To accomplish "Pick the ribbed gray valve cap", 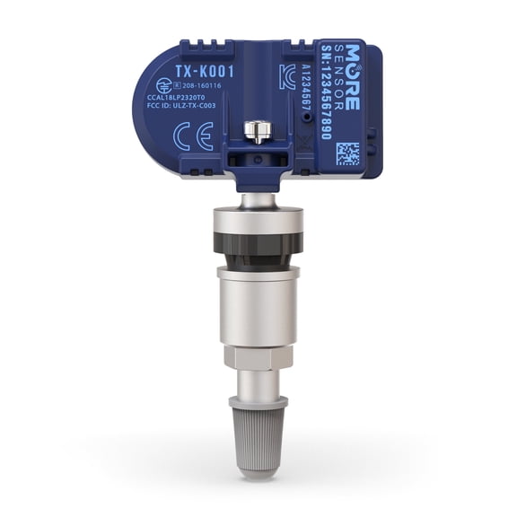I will (258, 421).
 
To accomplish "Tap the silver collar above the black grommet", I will (258, 221).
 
